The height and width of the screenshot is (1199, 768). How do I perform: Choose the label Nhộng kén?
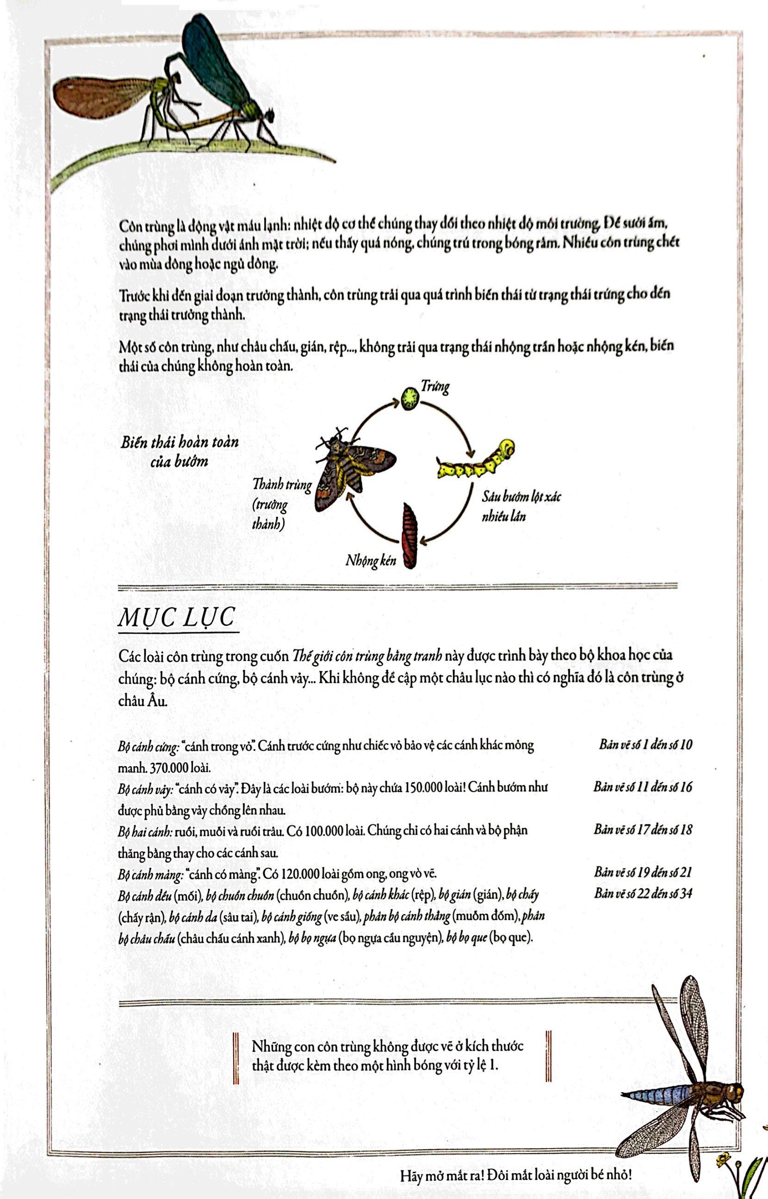point(371,560)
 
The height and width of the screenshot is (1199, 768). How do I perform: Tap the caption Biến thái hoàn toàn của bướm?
point(180,451)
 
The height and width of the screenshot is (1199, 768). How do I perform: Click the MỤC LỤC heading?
point(177,618)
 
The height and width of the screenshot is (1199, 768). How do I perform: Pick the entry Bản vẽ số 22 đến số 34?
point(643,892)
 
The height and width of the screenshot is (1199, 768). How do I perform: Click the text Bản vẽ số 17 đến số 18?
point(643,829)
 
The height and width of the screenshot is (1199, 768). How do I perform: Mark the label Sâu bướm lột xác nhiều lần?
point(520,506)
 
